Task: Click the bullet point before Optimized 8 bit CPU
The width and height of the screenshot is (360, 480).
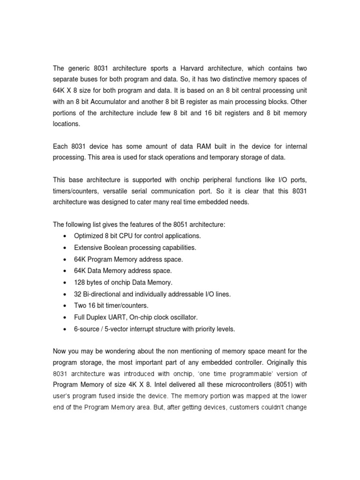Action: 64,236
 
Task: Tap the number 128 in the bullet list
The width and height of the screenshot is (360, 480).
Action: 80,283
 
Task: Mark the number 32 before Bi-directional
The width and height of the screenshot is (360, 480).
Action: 78,294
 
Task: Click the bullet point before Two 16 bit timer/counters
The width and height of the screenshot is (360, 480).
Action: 64,306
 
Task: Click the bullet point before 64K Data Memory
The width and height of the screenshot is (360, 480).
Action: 64,271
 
